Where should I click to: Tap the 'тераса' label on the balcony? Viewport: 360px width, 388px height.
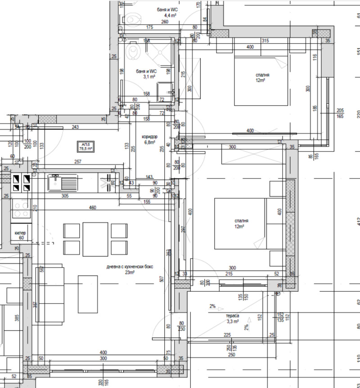(x=233, y=316)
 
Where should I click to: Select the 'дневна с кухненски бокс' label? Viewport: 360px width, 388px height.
(x=130, y=267)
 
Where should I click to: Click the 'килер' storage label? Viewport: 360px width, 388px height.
(x=20, y=233)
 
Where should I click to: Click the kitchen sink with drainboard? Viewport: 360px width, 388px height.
(x=63, y=183)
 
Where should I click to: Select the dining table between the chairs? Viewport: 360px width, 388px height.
(x=95, y=239)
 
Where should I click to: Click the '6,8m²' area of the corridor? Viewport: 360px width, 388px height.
(x=149, y=143)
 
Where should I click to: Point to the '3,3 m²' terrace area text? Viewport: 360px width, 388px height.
(x=233, y=321)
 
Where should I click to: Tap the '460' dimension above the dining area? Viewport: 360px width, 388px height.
(x=93, y=207)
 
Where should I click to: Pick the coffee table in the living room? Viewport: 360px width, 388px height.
(x=88, y=294)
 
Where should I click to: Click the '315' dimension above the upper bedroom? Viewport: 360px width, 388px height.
(x=265, y=41)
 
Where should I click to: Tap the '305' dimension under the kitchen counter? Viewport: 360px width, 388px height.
(x=65, y=196)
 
